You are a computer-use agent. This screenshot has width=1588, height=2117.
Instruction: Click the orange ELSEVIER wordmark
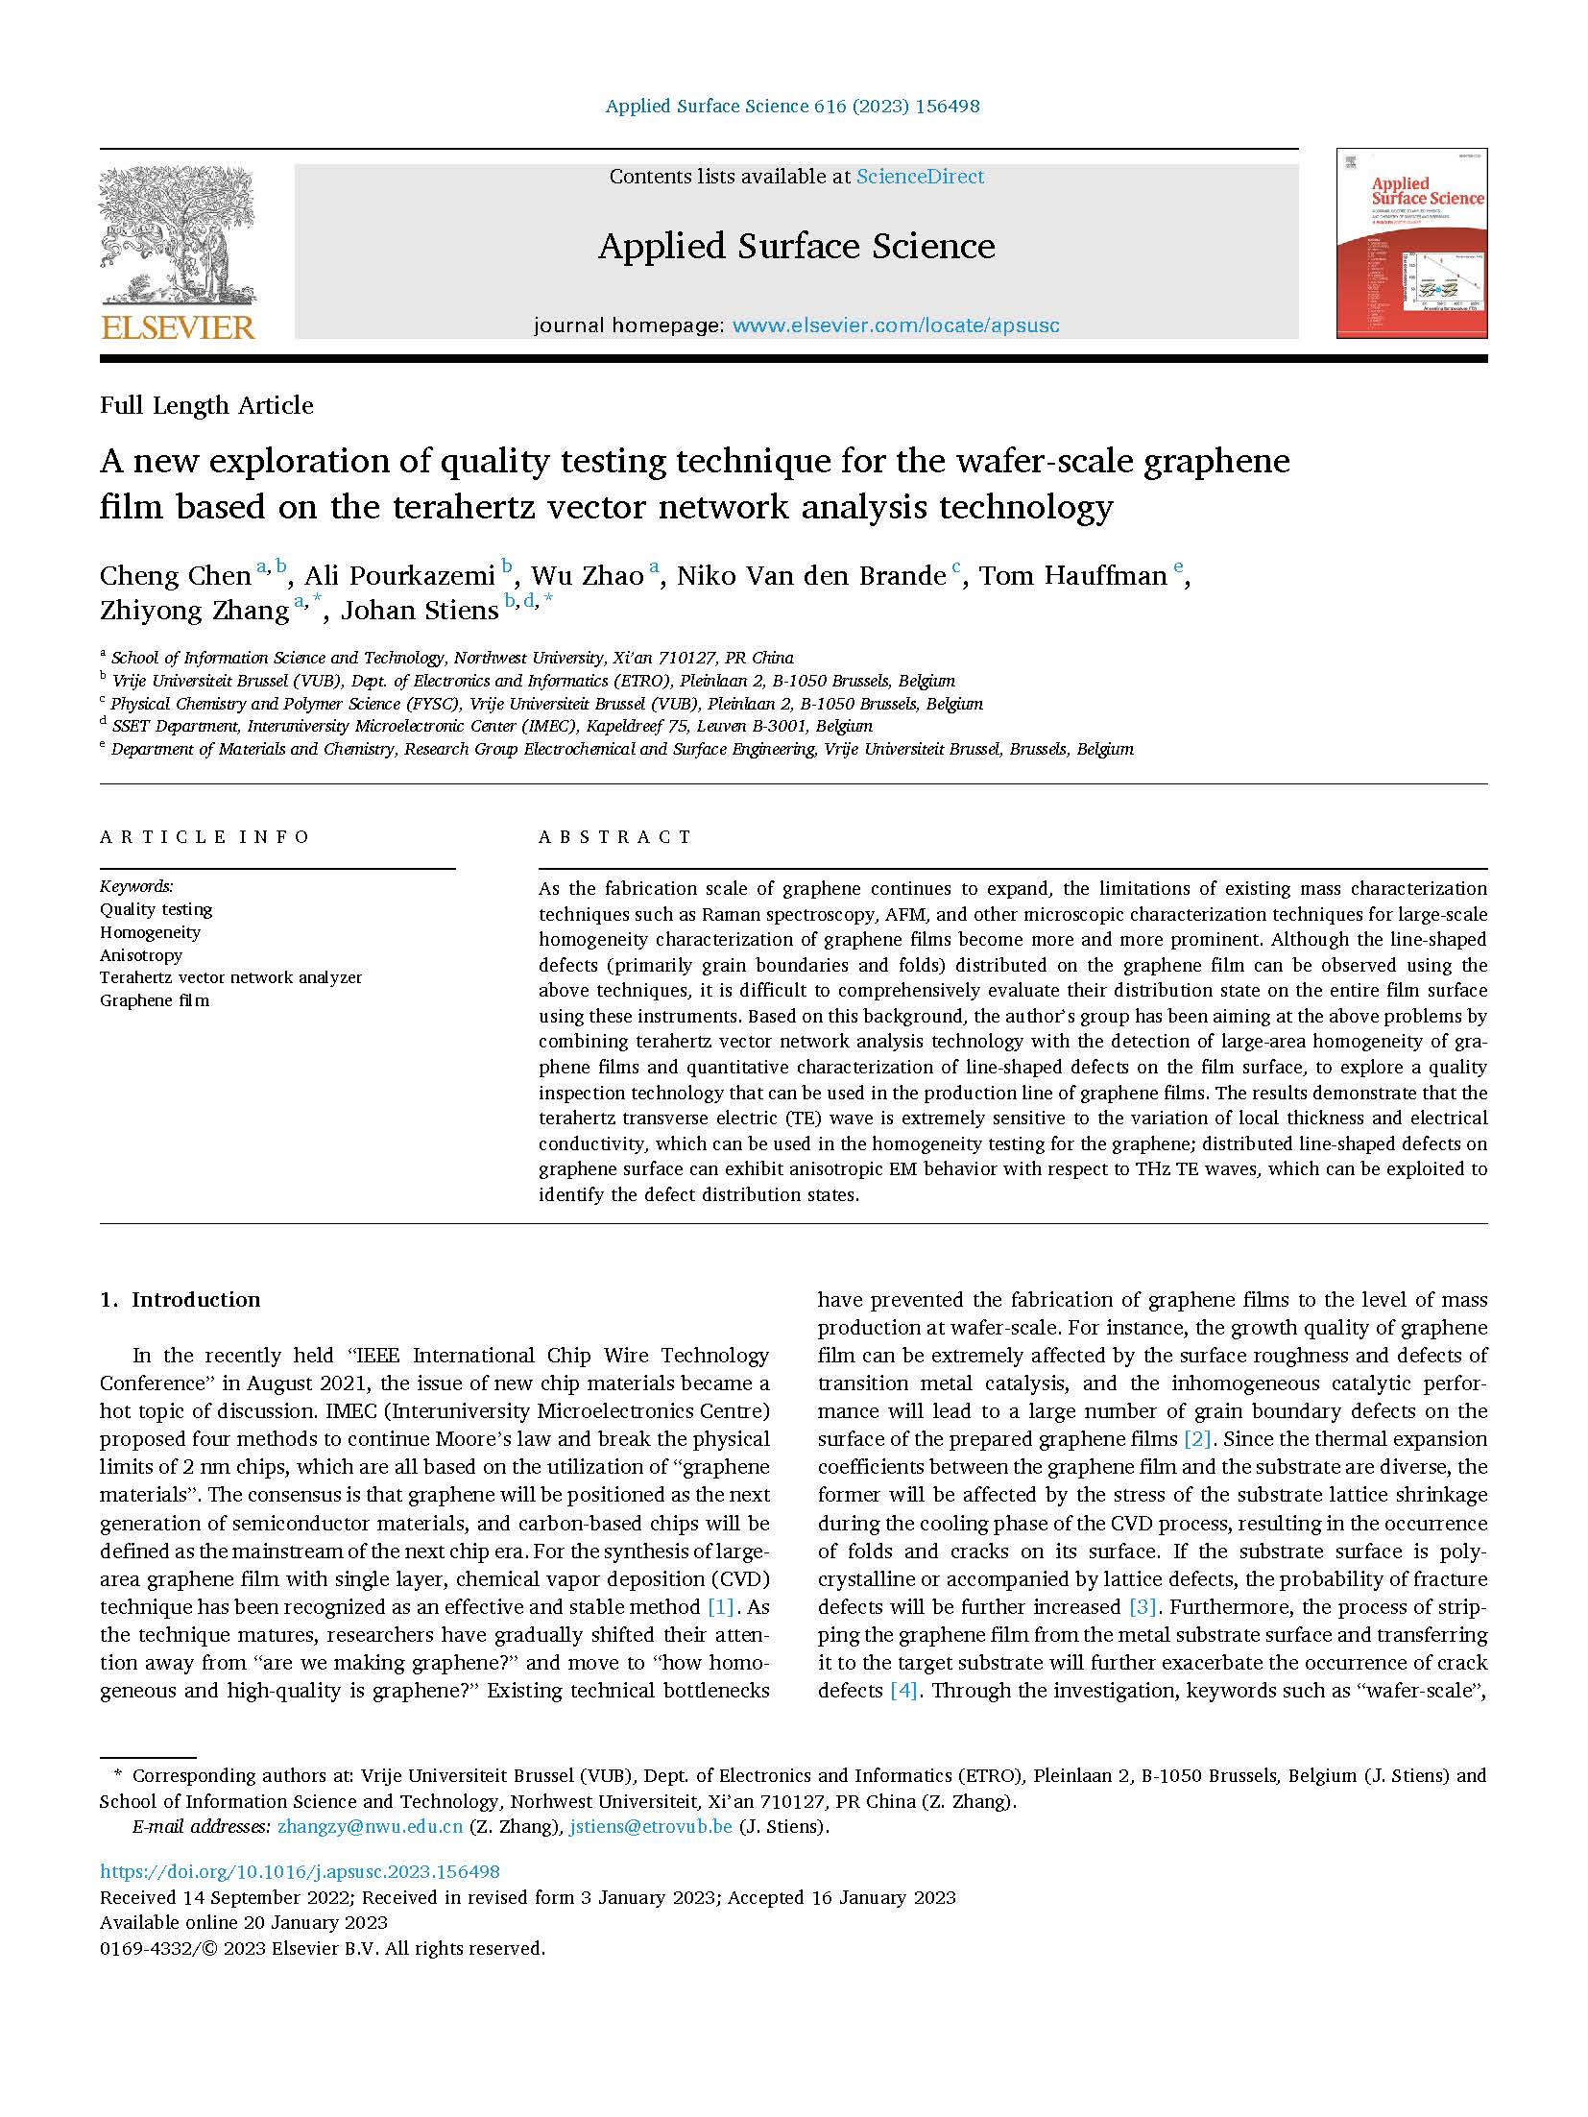pyautogui.click(x=178, y=327)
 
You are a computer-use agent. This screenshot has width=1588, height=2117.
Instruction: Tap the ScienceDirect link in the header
pyautogui.click(x=920, y=177)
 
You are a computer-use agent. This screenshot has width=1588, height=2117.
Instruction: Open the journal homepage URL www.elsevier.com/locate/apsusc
pyautogui.click(x=896, y=325)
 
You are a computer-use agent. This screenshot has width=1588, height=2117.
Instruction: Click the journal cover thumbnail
pyautogui.click(x=1410, y=244)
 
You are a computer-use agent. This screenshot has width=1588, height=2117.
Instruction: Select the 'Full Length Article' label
pyautogui.click(x=206, y=406)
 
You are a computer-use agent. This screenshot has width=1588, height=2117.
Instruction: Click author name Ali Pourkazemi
pyautogui.click(x=399, y=576)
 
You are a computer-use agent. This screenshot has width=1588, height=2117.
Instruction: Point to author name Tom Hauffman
pyautogui.click(x=1072, y=576)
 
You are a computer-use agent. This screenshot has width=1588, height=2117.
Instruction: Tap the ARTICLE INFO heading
pyautogui.click(x=205, y=837)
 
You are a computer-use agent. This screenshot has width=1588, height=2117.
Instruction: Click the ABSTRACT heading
pyautogui.click(x=614, y=837)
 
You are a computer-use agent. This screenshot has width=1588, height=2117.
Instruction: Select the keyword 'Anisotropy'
pyautogui.click(x=141, y=955)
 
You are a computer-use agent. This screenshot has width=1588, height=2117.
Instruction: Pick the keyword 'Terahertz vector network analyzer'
pyautogui.click(x=230, y=977)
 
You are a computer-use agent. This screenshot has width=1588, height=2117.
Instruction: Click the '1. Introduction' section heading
pyautogui.click(x=180, y=1300)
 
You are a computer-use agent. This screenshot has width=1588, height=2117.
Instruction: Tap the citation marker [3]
pyautogui.click(x=1143, y=1607)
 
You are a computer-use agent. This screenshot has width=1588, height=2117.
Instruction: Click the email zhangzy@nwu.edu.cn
pyautogui.click(x=370, y=1826)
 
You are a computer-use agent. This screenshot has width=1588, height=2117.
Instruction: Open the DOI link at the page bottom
pyautogui.click(x=300, y=1871)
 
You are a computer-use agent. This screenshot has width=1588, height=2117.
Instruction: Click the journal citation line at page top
pyautogui.click(x=792, y=107)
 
